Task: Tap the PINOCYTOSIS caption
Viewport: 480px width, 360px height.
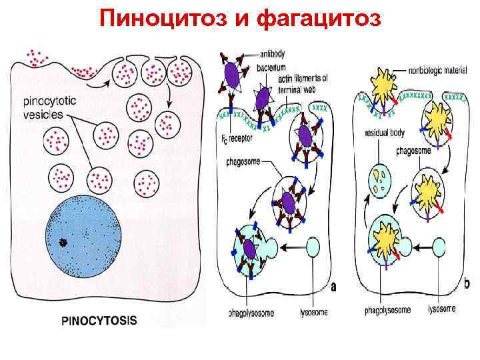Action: tap(99, 319)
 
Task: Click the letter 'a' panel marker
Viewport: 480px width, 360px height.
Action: tap(333, 287)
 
